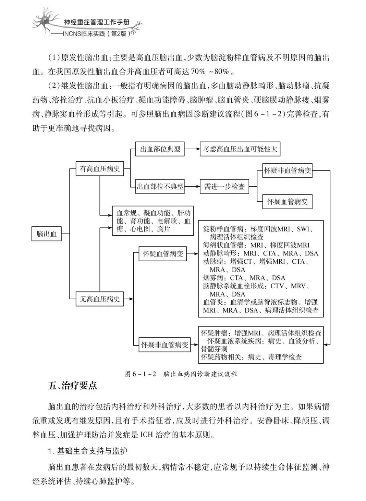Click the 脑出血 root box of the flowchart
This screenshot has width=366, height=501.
tap(47, 234)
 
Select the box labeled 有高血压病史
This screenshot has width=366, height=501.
tap(99, 169)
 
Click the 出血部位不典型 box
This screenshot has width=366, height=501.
tap(160, 187)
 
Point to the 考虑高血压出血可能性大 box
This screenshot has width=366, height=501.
tap(240, 149)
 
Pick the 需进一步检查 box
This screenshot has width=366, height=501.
tap(224, 187)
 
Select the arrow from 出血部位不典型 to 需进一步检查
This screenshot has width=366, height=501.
tap(192, 187)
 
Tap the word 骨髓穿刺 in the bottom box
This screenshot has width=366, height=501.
tap(214, 349)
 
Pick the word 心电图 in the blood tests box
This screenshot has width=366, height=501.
tap(141, 229)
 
